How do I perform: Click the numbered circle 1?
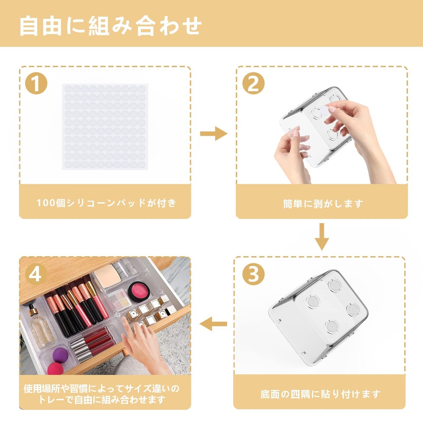(x=36, y=83)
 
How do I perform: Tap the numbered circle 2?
(x=253, y=83)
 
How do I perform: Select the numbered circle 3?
(x=253, y=274)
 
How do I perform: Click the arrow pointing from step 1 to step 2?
(x=213, y=133)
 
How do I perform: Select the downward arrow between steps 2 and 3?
(x=322, y=237)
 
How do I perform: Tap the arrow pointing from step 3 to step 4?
(x=213, y=324)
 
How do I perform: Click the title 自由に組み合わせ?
(x=110, y=26)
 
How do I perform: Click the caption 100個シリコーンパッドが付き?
(x=106, y=203)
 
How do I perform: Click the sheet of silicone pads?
(x=105, y=127)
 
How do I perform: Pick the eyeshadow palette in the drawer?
(x=119, y=299)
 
